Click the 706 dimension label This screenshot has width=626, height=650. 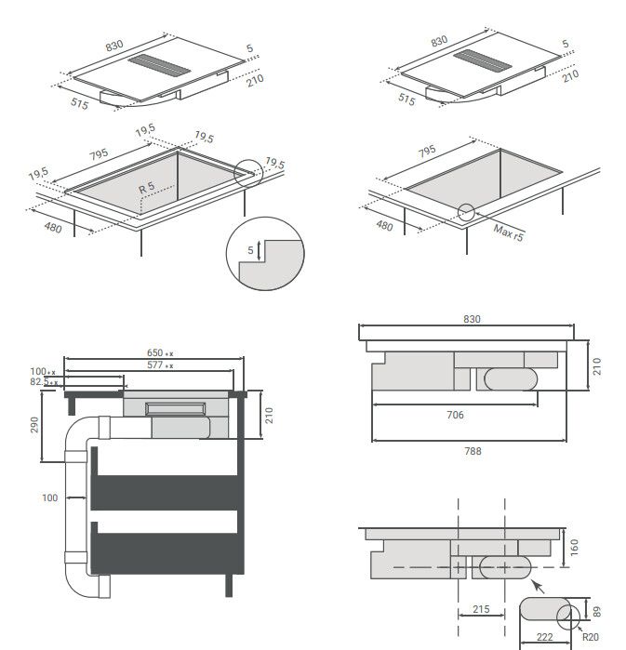455,415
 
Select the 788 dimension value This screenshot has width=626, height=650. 473,451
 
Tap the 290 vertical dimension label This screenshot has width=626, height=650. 34,425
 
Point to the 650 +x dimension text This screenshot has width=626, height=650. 160,352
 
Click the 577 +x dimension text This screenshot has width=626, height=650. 160,365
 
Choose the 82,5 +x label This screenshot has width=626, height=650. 44,382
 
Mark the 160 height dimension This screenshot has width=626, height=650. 574,547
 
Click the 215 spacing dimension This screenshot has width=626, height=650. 481,609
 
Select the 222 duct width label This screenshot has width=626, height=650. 544,637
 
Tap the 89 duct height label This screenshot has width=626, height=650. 596,612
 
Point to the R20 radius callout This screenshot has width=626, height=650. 591,637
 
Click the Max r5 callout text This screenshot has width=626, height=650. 508,232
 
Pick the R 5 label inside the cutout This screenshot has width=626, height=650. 146,187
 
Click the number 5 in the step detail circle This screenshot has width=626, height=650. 250,250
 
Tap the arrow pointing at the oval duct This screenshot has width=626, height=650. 538,587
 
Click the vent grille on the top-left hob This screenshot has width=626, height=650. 159,65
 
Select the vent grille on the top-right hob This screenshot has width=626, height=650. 483,60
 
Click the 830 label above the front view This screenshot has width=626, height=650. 472,319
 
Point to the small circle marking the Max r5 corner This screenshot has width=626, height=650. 466,212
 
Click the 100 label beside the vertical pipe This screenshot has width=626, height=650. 49,497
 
